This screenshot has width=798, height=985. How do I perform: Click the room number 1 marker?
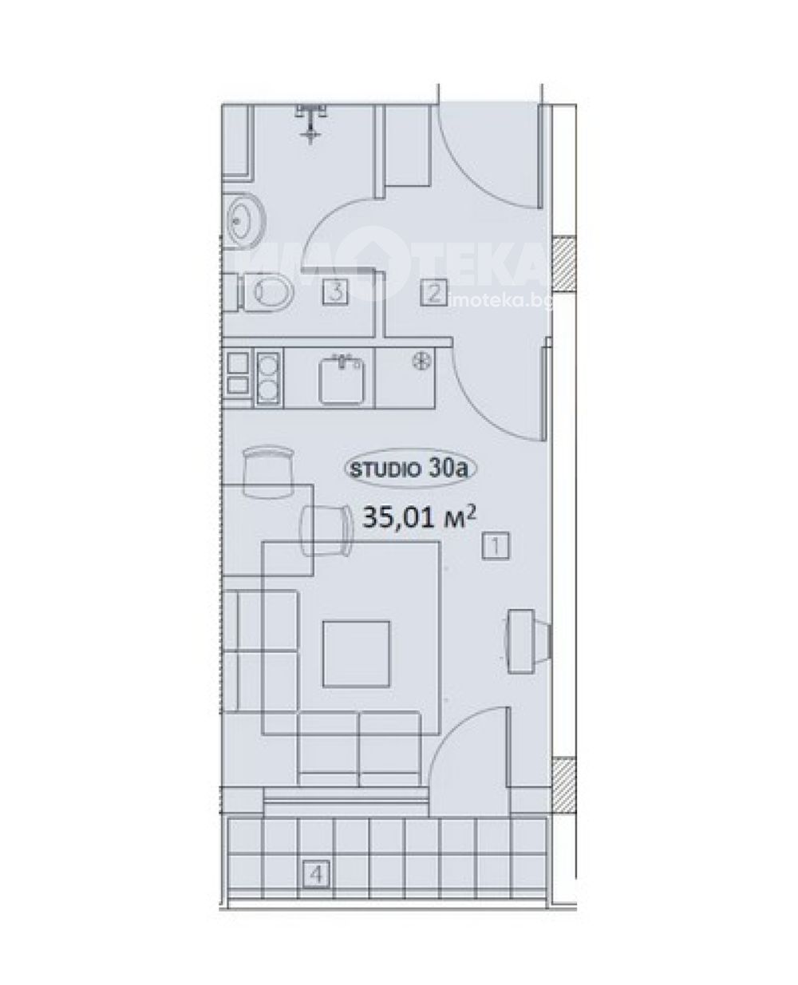(x=496, y=546)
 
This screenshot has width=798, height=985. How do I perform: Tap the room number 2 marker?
(x=433, y=292)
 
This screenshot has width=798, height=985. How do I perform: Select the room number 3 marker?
(x=336, y=291)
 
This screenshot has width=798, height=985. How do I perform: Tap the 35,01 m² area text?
(x=421, y=517)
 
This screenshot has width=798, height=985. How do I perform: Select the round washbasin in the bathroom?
(x=247, y=221)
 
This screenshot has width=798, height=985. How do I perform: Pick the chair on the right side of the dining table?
(x=326, y=529)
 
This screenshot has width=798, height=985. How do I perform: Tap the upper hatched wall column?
(x=565, y=264)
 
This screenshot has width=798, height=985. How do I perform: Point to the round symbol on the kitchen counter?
(x=423, y=360)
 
